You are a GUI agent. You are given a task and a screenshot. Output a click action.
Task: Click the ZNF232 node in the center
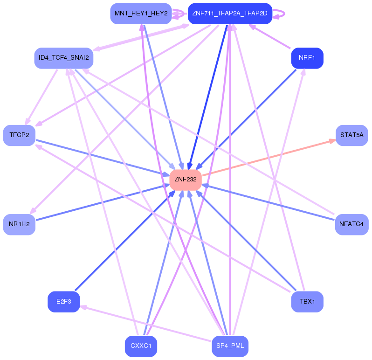pos(186,179)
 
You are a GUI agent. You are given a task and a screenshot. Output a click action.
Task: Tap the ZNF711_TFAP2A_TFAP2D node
pos(229,14)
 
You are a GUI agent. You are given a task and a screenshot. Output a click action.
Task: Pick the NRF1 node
pos(307,58)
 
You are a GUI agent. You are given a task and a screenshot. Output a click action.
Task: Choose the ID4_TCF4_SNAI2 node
pos(64,58)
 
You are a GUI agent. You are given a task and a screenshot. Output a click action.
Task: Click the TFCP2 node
pos(19,135)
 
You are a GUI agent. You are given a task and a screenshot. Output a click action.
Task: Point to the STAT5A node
pos(351,135)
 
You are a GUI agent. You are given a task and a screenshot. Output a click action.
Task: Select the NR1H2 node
pos(19,224)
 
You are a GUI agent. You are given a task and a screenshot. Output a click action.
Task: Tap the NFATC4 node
pos(351,224)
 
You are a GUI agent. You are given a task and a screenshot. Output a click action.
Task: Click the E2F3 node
pos(63,302)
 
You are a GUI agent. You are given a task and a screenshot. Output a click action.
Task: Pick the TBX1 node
pos(307,302)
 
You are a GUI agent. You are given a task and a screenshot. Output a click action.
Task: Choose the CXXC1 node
pos(141,346)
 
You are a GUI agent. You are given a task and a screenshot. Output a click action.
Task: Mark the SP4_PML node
pos(230,346)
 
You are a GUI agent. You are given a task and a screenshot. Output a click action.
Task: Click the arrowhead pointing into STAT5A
pos(331,140)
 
